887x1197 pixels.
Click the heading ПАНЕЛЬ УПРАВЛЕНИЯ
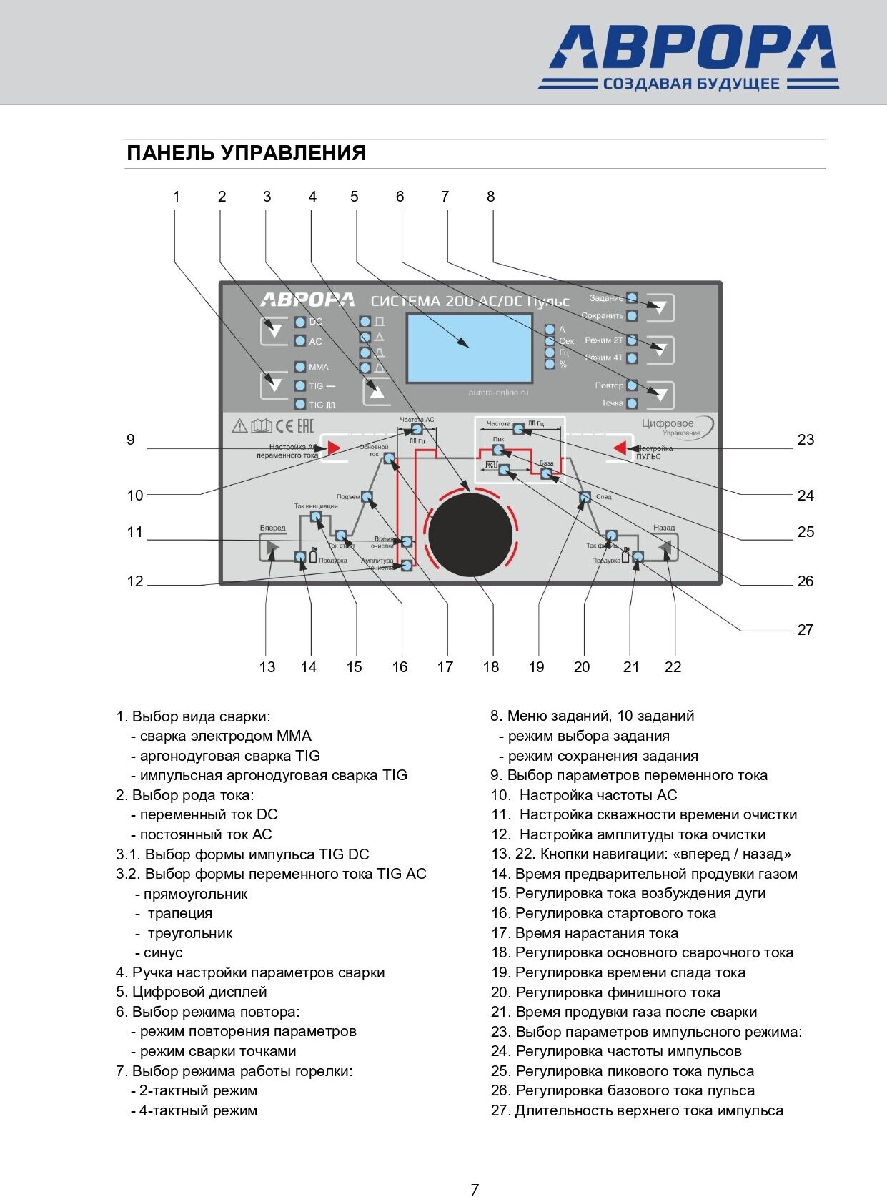(246, 153)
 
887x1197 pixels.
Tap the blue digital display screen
(469, 348)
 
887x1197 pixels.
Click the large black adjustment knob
(470, 533)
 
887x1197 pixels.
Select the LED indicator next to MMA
(300, 367)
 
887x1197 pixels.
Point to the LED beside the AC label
(300, 341)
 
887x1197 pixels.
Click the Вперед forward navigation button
(271, 548)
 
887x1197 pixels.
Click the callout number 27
(806, 630)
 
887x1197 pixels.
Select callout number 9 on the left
(131, 440)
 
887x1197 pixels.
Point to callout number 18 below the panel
(491, 667)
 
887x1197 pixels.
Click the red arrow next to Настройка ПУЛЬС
(620, 448)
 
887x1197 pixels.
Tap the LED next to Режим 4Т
(632, 358)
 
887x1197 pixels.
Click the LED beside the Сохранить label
(632, 315)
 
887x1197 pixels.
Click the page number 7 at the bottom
(475, 1189)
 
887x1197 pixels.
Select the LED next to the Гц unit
(550, 353)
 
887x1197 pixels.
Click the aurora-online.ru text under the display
(498, 393)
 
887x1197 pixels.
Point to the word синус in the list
(163, 953)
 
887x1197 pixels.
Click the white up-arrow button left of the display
(377, 391)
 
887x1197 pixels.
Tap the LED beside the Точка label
(632, 403)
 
